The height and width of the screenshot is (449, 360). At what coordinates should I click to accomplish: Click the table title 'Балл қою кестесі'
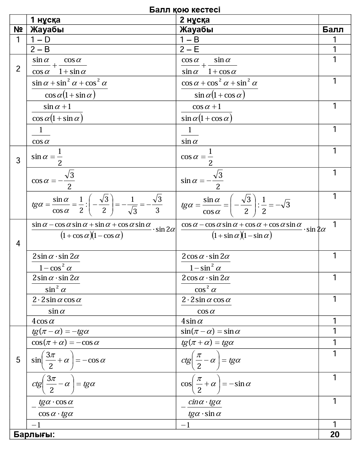click(185, 10)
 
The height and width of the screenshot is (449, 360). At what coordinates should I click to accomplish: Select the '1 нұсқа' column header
click(45, 20)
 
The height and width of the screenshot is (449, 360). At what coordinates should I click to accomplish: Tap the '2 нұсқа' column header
click(195, 20)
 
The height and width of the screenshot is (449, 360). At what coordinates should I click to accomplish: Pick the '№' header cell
click(18, 30)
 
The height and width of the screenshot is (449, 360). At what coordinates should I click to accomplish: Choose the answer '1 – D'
click(40, 40)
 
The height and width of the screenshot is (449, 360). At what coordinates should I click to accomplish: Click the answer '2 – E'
click(190, 49)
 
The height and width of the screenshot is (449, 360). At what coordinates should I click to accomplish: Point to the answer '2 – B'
click(40, 49)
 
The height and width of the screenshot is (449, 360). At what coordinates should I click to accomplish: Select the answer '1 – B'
click(190, 40)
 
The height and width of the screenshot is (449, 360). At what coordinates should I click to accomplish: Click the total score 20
click(335, 434)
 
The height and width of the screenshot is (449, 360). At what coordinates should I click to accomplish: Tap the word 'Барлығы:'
click(34, 434)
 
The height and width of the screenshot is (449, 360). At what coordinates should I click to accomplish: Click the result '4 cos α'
click(43, 321)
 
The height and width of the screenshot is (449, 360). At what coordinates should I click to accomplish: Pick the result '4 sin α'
click(192, 321)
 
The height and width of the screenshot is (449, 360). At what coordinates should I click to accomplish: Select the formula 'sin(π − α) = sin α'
click(211, 332)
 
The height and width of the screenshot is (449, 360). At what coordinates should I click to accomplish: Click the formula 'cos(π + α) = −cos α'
click(66, 343)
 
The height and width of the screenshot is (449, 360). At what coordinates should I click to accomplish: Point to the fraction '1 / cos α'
click(41, 135)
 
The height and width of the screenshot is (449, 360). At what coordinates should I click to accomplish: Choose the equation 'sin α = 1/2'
click(47, 157)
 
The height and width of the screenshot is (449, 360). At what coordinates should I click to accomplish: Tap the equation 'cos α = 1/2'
click(196, 157)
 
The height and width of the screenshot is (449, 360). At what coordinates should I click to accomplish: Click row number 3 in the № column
click(18, 160)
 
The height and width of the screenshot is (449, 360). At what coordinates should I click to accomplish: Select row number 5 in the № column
click(18, 360)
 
